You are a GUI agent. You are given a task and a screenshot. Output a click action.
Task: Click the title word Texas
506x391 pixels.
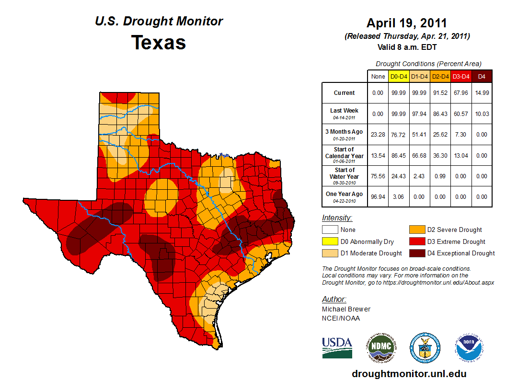click(x=159, y=43)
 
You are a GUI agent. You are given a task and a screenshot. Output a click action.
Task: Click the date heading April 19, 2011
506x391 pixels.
click(x=406, y=23)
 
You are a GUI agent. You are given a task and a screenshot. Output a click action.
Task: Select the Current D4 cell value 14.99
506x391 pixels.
click(x=482, y=93)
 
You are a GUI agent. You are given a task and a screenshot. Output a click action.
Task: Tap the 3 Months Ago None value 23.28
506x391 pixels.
click(x=378, y=135)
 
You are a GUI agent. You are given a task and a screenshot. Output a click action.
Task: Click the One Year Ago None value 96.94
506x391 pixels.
click(x=378, y=197)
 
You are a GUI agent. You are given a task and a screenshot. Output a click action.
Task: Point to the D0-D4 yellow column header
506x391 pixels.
click(x=399, y=76)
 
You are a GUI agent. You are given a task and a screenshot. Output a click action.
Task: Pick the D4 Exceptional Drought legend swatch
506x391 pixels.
click(x=417, y=253)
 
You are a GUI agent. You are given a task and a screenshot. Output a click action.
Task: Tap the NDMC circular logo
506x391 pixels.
click(x=381, y=347)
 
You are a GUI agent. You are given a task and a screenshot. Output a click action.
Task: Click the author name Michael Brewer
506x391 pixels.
click(x=346, y=309)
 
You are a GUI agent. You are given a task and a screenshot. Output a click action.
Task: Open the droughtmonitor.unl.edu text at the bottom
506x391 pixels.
click(x=409, y=374)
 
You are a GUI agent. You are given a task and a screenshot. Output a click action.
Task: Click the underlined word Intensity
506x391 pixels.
click(x=337, y=218)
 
